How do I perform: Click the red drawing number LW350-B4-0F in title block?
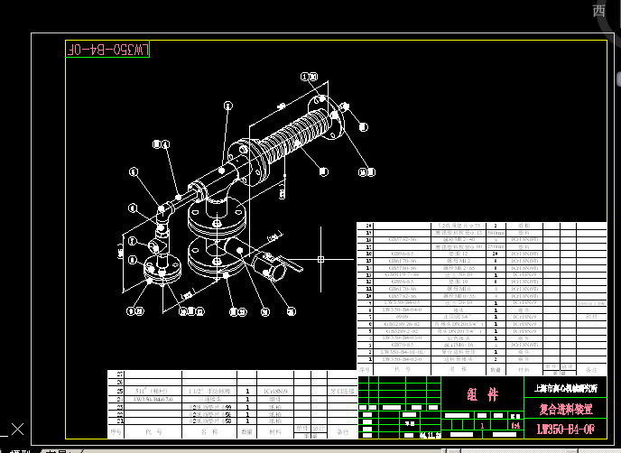coord(565,429)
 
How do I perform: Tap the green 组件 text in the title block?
coord(482,395)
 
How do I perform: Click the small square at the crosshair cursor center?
coord(321,260)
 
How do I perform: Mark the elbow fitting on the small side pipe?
coord(162,214)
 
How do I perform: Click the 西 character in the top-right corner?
coord(598,10)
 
